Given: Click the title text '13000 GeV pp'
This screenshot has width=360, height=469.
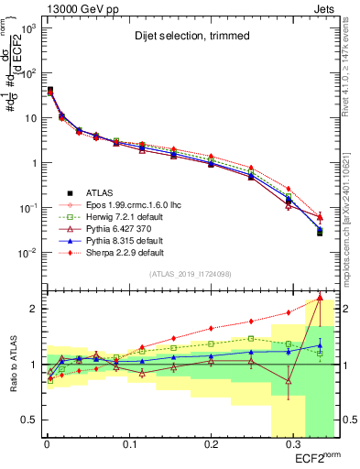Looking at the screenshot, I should [76, 8].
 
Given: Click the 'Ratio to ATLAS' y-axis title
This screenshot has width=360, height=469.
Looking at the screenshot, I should [11, 365].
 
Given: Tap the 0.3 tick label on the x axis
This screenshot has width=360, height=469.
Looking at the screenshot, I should [293, 444].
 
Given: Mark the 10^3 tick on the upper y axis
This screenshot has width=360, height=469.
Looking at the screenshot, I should [26, 28].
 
